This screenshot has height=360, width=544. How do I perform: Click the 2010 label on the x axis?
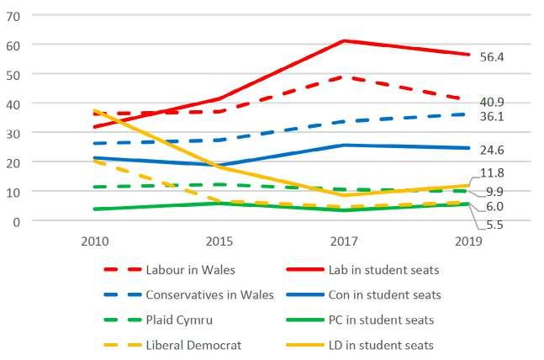pyautogui.click(x=93, y=241)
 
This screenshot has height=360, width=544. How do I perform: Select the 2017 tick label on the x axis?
pyautogui.click(x=342, y=241)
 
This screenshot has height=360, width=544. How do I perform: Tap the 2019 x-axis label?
pyautogui.click(x=467, y=241)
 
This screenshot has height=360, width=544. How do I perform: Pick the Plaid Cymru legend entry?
pyautogui.click(x=177, y=320)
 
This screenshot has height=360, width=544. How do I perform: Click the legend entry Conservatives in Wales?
pyautogui.click(x=209, y=295)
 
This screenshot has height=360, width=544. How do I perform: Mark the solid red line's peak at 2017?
pyautogui.click(x=342, y=40)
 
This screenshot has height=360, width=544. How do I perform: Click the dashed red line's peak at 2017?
pyautogui.click(x=342, y=77)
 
